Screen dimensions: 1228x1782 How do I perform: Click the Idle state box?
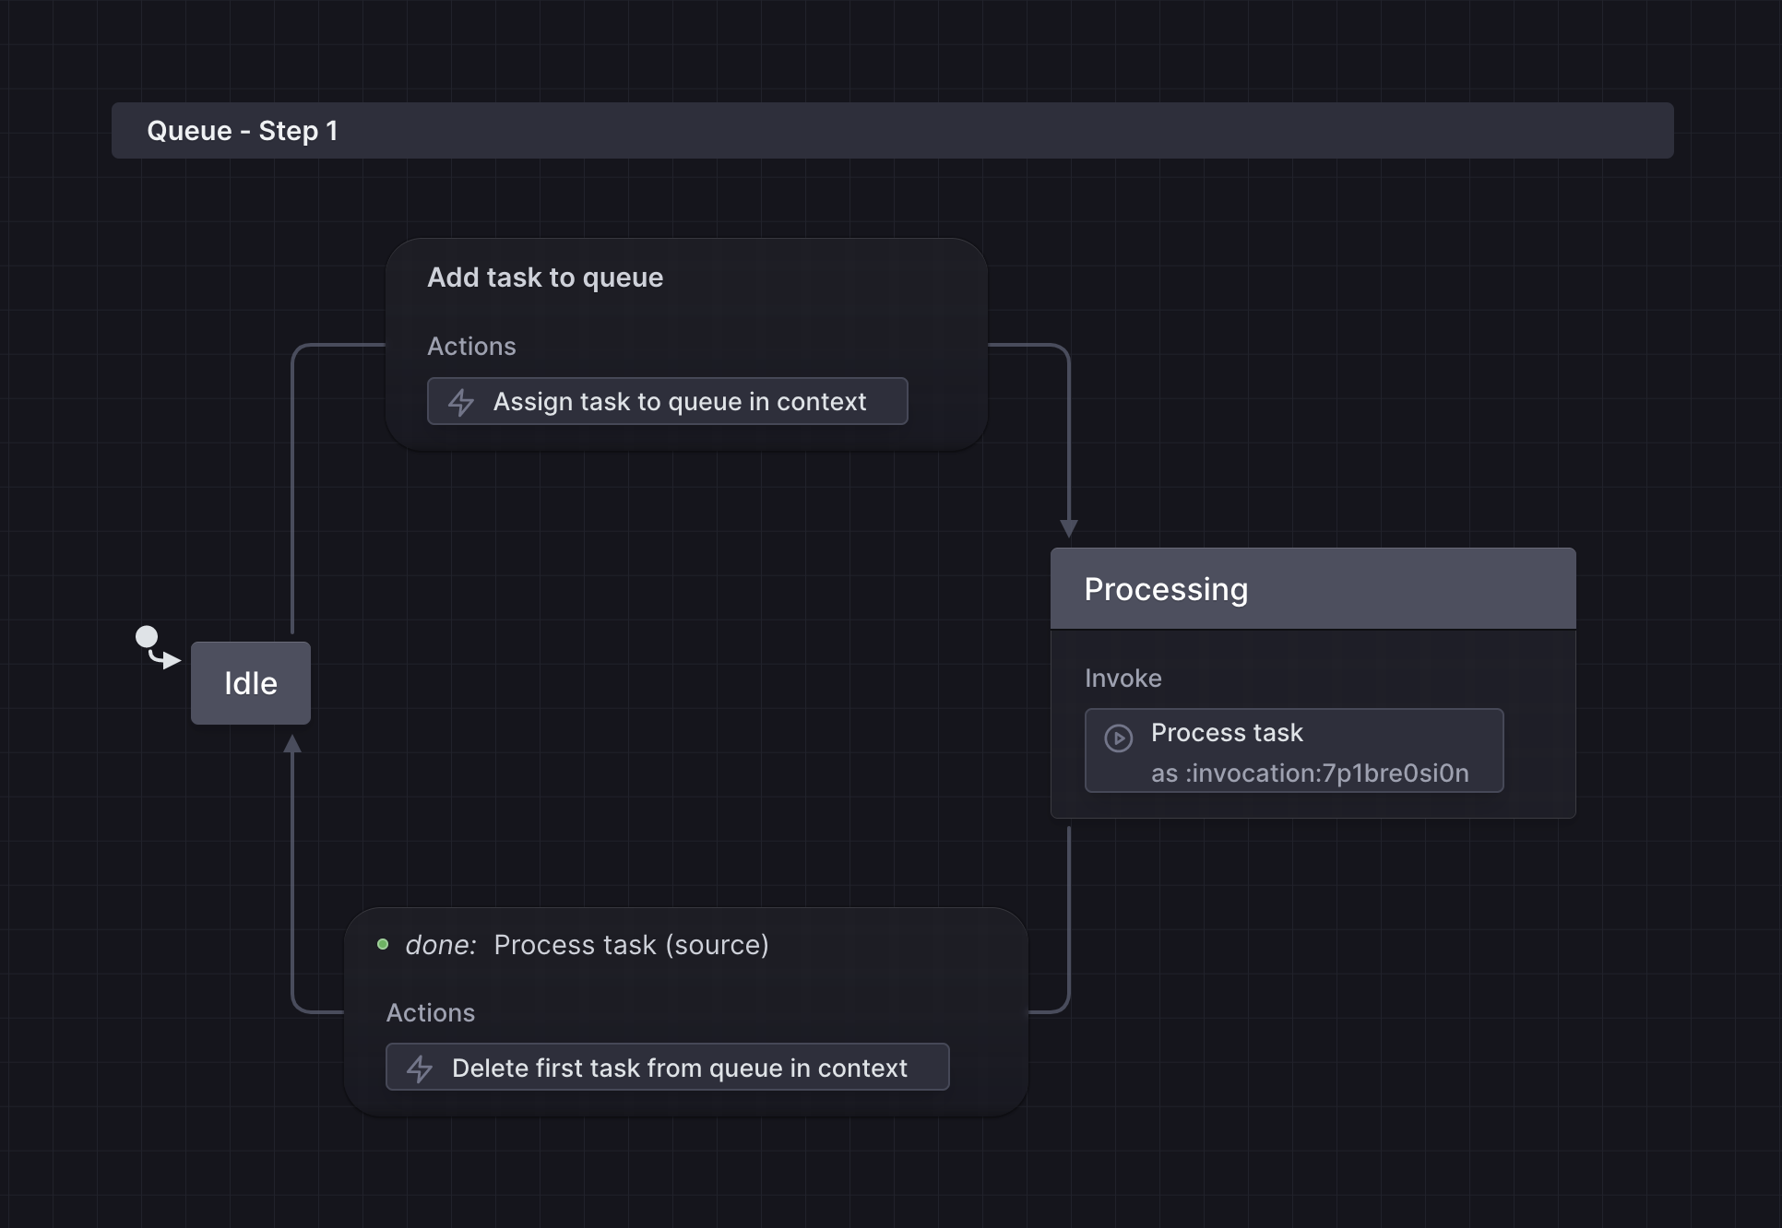(250, 683)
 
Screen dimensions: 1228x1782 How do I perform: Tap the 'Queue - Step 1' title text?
(243, 131)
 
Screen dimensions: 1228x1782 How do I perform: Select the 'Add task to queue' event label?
(544, 277)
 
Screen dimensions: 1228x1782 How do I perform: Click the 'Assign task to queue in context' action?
(679, 402)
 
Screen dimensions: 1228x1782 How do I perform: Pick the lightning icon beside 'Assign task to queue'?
(461, 402)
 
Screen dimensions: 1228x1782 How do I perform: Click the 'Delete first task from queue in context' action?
(679, 1068)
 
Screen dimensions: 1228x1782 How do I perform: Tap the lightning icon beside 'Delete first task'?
(420, 1069)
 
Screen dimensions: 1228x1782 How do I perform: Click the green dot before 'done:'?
(383, 944)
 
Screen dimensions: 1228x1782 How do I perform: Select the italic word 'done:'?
(440, 945)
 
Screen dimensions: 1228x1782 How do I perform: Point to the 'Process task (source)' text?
(631, 945)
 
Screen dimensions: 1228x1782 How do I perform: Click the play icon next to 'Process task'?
(1118, 738)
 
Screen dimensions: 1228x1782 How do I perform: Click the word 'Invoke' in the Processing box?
(1123, 679)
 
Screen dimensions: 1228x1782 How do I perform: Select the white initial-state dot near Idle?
(147, 636)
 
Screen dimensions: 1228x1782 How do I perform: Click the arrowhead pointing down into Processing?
(1069, 528)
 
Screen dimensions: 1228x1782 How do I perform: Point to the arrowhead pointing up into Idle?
(292, 744)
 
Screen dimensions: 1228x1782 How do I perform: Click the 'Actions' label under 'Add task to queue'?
(471, 347)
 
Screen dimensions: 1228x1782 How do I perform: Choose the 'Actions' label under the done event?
(430, 1013)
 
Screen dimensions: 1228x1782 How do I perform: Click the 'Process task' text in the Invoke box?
(1227, 733)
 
